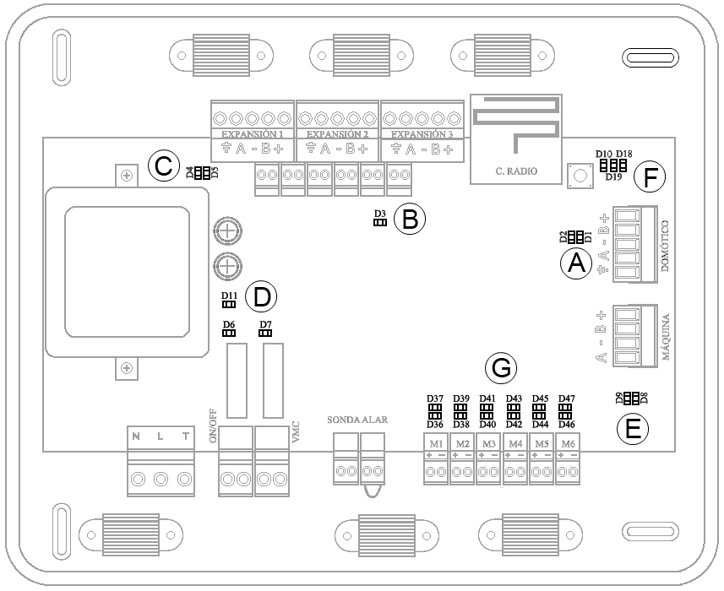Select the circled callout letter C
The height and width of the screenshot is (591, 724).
coord(163,165)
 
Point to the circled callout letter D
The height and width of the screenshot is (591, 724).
coord(261,297)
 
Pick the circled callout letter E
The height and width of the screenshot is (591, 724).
coord(631,428)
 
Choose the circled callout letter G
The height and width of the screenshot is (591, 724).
coord(501,368)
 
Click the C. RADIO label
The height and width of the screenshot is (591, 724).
coord(517,172)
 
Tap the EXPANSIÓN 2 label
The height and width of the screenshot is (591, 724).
coord(337,134)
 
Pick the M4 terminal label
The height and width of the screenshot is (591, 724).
coord(515,443)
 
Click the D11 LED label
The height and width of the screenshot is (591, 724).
coord(229,295)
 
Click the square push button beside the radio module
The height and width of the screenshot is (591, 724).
coord(580,176)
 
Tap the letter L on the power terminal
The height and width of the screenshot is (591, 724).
coord(161,436)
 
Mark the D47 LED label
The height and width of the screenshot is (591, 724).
coord(567,399)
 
